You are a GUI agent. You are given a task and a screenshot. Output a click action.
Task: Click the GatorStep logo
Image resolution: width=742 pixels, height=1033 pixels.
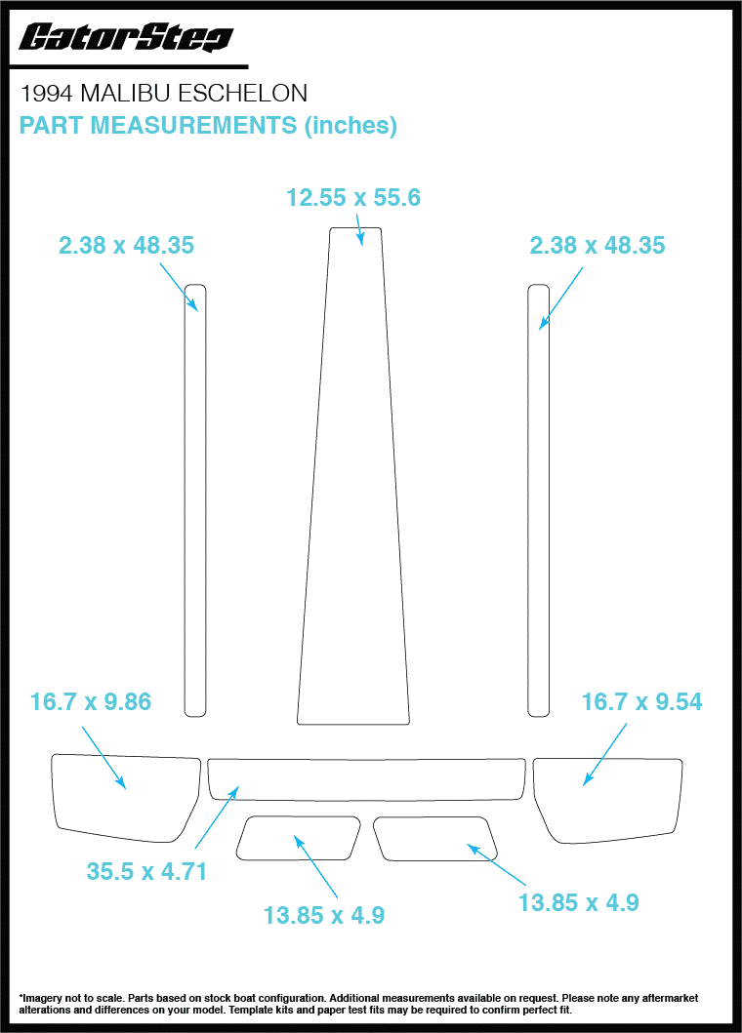(127, 38)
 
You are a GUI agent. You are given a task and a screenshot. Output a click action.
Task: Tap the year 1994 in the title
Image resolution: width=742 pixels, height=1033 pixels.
(47, 94)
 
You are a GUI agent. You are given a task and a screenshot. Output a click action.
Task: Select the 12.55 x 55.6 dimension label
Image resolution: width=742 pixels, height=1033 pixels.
(353, 198)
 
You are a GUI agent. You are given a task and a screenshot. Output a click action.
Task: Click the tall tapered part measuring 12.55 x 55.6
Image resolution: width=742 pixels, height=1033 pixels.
(354, 488)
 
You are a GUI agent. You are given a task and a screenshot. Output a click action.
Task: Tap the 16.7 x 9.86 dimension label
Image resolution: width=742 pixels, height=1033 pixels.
(91, 701)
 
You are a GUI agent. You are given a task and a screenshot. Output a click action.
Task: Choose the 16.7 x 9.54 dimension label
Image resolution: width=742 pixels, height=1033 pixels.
(641, 701)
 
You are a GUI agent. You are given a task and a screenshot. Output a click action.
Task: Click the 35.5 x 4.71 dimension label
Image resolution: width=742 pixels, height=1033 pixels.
(146, 871)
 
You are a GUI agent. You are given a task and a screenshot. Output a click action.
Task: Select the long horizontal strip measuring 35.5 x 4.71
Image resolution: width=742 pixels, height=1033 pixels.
(366, 777)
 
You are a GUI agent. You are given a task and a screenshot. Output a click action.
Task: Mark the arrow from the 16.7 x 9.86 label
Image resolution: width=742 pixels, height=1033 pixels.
(103, 756)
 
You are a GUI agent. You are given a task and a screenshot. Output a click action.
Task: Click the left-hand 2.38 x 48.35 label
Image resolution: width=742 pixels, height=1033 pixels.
(127, 246)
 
